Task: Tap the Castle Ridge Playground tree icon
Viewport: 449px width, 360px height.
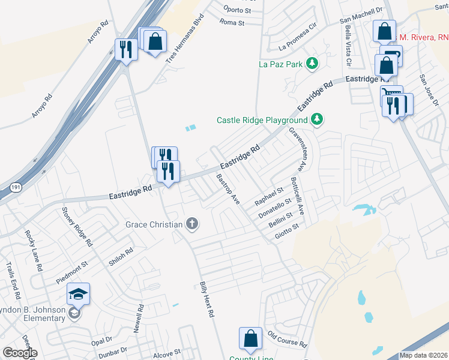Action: (x=318, y=120)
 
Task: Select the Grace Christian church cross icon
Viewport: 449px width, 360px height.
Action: (x=192, y=224)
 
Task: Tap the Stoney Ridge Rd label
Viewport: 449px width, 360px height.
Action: (x=78, y=227)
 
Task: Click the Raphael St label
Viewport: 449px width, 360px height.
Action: (x=269, y=196)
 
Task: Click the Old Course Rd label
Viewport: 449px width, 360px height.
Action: (x=287, y=340)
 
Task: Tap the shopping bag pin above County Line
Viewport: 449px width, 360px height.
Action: (x=250, y=339)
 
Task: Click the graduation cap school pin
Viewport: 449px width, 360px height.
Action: (x=78, y=294)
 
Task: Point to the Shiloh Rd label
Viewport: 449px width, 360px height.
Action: (x=121, y=256)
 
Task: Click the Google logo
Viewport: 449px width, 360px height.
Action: (x=20, y=353)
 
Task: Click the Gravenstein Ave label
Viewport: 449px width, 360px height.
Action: (x=298, y=143)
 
